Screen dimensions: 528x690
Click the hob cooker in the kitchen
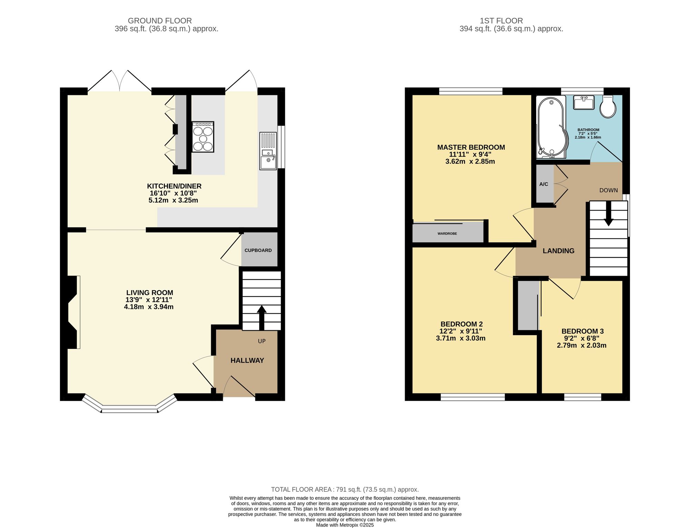tap(203, 137)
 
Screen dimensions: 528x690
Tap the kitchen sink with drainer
tap(268, 151)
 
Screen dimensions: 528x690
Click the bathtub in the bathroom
tap(552, 127)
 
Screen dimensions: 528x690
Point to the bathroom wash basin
tap(584, 102)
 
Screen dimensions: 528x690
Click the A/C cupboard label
tap(544, 184)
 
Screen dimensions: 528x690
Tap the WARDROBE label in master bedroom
tap(447, 234)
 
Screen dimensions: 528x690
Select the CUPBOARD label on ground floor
tap(258, 251)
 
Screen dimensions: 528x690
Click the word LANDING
tap(559, 251)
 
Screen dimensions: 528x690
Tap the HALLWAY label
tap(247, 361)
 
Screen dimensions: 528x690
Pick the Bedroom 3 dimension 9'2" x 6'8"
tap(582, 338)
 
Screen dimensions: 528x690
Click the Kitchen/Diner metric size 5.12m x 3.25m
tap(173, 200)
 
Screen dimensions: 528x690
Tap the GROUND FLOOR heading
tap(160, 21)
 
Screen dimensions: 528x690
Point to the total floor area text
tap(345, 489)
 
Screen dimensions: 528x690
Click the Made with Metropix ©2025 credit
tap(345, 525)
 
